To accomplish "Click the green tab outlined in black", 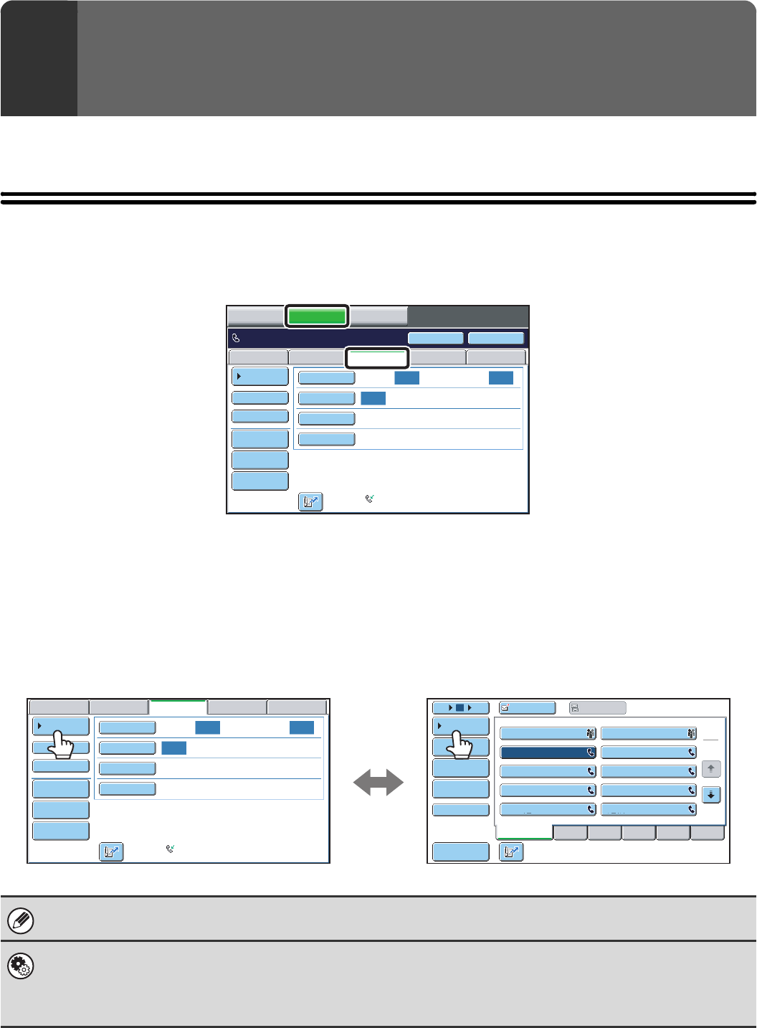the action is pyautogui.click(x=317, y=316).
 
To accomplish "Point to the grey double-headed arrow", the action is pyautogui.click(x=378, y=782).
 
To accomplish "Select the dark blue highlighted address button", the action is pyautogui.click(x=548, y=753).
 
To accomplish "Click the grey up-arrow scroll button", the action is pyautogui.click(x=710, y=769).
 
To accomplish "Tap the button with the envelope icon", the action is pyautogui.click(x=527, y=708).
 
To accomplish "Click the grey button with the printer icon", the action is pyautogui.click(x=597, y=708).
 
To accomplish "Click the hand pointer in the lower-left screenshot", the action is pyautogui.click(x=62, y=745).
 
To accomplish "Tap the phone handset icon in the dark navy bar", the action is pyautogui.click(x=236, y=338).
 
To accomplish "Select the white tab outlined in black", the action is pyautogui.click(x=377, y=357).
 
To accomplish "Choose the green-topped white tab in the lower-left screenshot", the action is pyautogui.click(x=178, y=707).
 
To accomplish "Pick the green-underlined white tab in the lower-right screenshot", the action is pyautogui.click(x=524, y=832).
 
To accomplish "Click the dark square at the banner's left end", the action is pyautogui.click(x=39, y=58).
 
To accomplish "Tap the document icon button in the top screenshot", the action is pyautogui.click(x=310, y=502).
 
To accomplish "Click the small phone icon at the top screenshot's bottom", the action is pyautogui.click(x=370, y=498).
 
